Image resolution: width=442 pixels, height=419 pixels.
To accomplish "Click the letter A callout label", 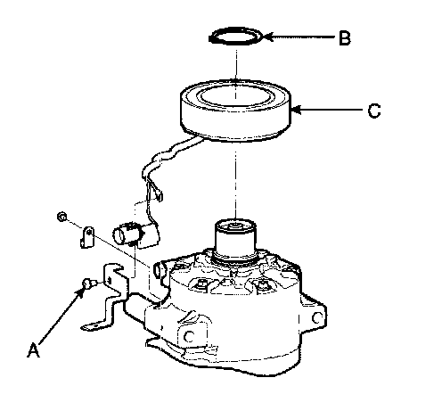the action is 33,349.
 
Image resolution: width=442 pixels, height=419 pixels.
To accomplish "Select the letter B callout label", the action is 345,38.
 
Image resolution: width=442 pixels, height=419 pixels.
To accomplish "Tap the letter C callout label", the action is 373,111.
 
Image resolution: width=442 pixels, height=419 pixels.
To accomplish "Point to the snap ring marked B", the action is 236,37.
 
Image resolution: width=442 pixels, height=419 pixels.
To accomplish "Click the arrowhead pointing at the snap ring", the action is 268,37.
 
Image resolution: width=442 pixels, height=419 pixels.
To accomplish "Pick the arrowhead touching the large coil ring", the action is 297,110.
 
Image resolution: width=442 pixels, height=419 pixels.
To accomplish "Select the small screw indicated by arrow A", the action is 88,283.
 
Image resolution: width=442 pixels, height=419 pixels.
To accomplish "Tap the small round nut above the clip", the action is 61,217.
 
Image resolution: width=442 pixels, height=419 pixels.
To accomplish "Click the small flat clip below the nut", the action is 87,237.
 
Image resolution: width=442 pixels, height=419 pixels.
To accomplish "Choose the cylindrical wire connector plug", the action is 135,234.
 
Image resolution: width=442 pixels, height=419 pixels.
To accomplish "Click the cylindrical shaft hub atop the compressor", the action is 235,240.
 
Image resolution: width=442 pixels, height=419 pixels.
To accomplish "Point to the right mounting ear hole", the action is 316,317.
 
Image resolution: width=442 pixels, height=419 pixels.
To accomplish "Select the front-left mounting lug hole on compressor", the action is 189,336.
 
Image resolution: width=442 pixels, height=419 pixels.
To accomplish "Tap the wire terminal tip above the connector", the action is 160,196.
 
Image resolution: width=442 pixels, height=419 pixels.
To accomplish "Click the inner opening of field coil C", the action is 235,95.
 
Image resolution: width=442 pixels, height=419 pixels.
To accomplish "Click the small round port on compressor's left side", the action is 158,270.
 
